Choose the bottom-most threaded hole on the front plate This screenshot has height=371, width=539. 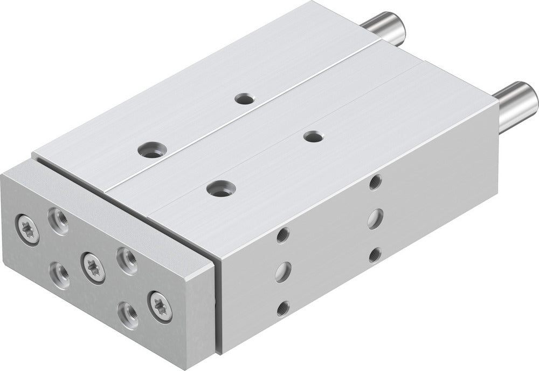point(129,312)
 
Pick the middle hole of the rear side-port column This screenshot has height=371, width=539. point(375,219)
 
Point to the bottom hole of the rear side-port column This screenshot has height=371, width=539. point(375,254)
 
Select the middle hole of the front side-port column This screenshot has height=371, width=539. point(282,271)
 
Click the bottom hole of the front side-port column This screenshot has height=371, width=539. point(282,308)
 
